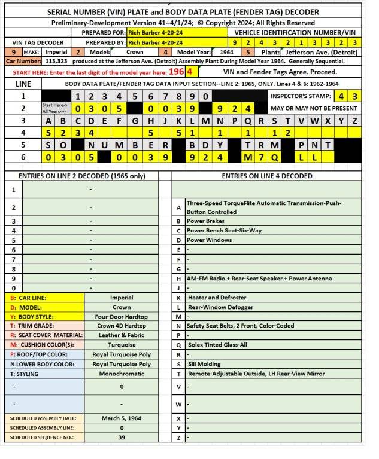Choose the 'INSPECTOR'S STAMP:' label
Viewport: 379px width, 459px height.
301,96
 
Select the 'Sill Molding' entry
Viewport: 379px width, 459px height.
204,363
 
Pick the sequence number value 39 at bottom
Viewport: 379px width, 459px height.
122,437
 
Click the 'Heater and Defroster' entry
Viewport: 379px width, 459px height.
217,297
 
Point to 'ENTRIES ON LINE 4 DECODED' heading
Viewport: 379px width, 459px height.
266,176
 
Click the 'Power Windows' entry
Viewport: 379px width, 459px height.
210,240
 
